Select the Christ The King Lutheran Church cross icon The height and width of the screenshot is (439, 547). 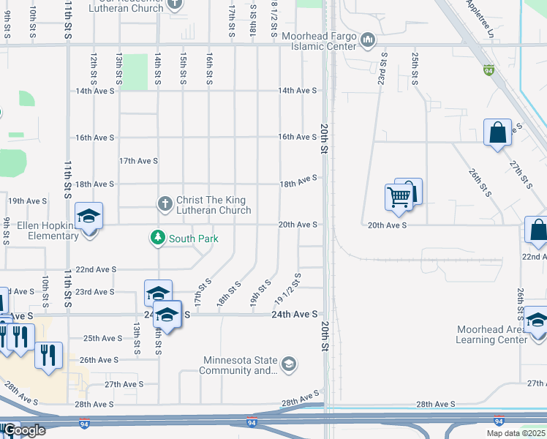pyautogui.click(x=165, y=202)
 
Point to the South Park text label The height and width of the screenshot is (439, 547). pyautogui.click(x=194, y=239)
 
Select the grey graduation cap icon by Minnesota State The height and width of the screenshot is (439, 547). pyautogui.click(x=289, y=364)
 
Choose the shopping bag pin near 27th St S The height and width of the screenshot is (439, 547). pyautogui.click(x=497, y=133)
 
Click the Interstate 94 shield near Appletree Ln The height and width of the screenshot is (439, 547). pyautogui.click(x=488, y=70)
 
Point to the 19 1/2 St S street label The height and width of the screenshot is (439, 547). pyautogui.click(x=288, y=290)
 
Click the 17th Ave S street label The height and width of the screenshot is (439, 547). pyautogui.click(x=138, y=160)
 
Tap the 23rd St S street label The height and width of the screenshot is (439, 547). pyautogui.click(x=382, y=68)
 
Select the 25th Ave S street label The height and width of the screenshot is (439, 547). pyautogui.click(x=102, y=338)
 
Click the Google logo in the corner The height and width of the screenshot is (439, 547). pyautogui.click(x=23, y=429)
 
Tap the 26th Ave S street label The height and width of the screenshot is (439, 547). pyautogui.click(x=99, y=360)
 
